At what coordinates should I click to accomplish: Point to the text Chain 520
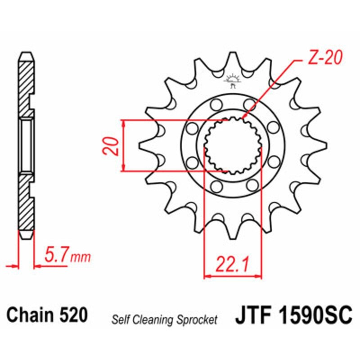tap(47, 315)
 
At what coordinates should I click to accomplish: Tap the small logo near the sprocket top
tap(232, 81)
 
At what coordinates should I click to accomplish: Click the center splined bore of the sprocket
tap(232, 145)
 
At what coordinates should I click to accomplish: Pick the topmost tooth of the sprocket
tap(232, 56)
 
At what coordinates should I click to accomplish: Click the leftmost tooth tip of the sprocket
tap(140, 145)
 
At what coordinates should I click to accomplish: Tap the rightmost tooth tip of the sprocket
tap(324, 145)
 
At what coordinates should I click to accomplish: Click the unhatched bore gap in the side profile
tap(26, 145)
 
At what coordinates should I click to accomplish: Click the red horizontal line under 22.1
tap(233, 275)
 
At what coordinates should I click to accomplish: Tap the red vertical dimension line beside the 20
tap(123, 145)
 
